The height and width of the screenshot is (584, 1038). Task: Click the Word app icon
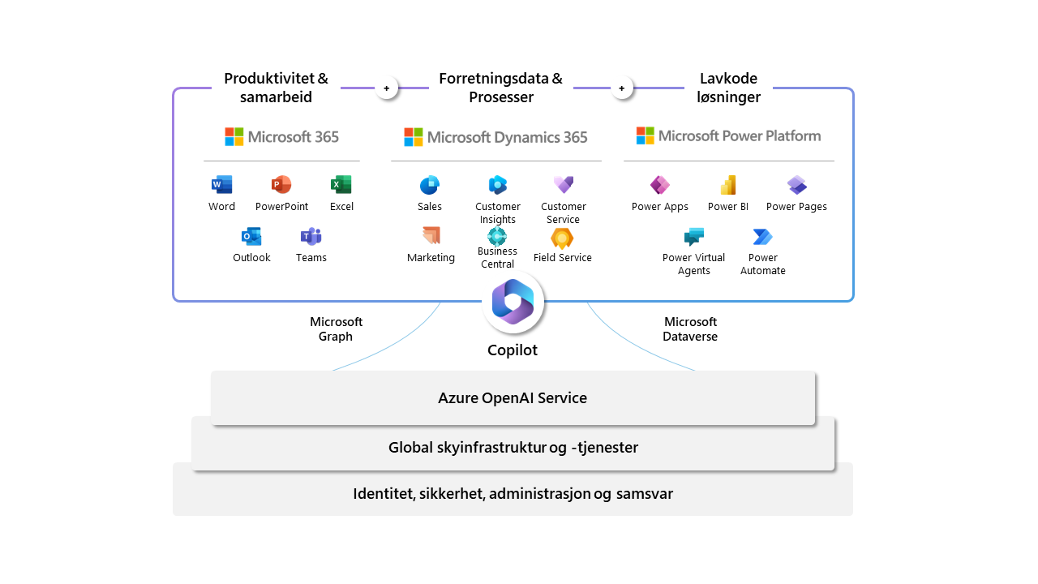(221, 185)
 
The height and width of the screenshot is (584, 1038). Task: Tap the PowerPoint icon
(281, 185)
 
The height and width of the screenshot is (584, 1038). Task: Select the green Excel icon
(341, 185)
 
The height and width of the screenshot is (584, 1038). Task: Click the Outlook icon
(251, 237)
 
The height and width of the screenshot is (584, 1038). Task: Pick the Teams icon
(311, 237)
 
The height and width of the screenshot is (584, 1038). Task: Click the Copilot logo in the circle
(513, 303)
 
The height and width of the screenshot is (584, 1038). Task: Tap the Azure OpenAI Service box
(513, 398)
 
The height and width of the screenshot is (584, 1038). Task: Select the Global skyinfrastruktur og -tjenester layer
(513, 448)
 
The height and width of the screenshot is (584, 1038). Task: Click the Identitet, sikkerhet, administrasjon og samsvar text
(513, 494)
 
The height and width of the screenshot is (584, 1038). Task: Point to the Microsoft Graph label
(336, 329)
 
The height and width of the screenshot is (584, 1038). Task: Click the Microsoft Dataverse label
(690, 329)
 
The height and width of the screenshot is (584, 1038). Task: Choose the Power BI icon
(728, 185)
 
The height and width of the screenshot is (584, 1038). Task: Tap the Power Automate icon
(762, 237)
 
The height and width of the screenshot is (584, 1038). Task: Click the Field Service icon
(562, 238)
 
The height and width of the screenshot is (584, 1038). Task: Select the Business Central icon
(497, 236)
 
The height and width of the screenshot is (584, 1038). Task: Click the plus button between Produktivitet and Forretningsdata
(387, 88)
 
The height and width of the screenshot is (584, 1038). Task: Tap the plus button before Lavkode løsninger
(622, 88)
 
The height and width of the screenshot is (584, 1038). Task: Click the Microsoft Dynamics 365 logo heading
(495, 137)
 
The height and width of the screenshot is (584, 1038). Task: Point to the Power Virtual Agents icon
(693, 237)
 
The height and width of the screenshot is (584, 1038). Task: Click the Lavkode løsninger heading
(728, 88)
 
